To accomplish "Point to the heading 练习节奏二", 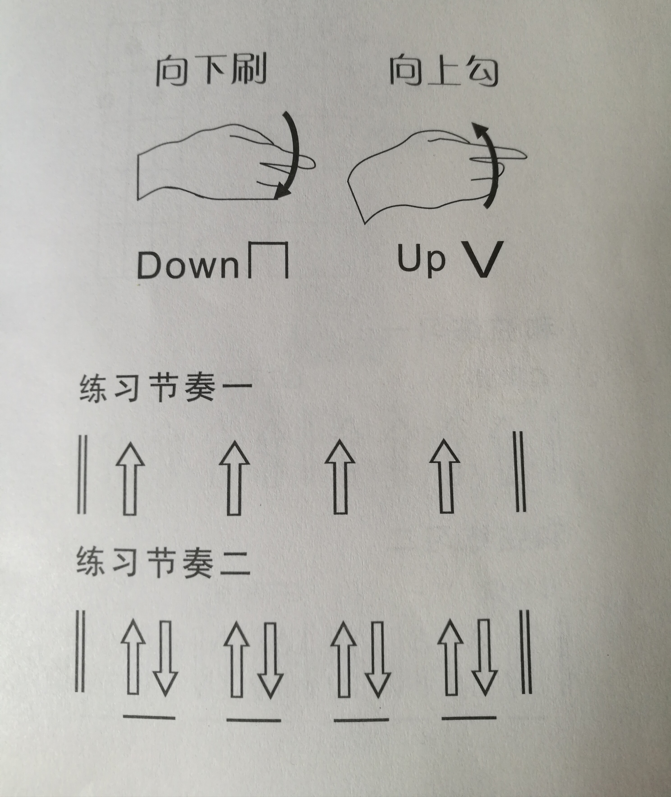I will [163, 562].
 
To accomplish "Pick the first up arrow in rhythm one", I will [130, 479].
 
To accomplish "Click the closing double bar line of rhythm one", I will [520, 471].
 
